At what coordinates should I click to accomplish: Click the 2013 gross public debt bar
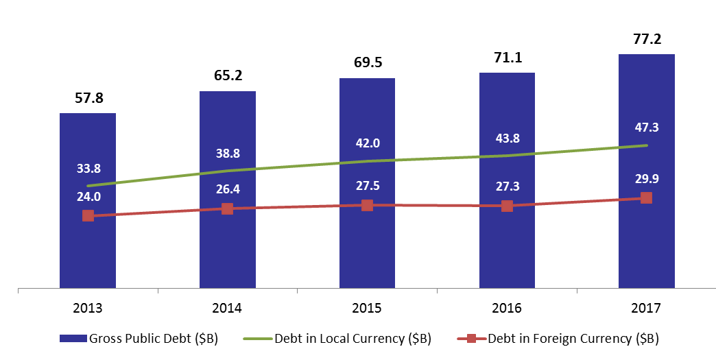88,201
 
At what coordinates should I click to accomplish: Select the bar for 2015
367,183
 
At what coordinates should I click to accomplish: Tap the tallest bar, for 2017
647,171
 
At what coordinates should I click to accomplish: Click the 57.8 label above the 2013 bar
89,98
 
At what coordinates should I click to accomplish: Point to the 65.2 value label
228,75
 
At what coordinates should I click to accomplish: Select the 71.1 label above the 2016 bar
508,58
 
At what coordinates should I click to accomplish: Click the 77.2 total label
647,39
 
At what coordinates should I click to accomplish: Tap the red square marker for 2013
88,216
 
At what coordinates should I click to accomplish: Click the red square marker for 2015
367,205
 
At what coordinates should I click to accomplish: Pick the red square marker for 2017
646,197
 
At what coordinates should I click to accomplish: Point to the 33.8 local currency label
88,169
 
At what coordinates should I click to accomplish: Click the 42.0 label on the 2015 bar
368,143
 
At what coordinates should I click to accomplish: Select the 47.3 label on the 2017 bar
647,128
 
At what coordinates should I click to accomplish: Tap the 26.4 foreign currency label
228,189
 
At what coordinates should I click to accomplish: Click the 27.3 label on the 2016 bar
508,187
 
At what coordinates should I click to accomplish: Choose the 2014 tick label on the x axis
227,308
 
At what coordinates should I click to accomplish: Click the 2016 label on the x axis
506,308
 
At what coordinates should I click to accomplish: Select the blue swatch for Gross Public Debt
73,339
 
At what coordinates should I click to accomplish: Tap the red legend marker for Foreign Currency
472,339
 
